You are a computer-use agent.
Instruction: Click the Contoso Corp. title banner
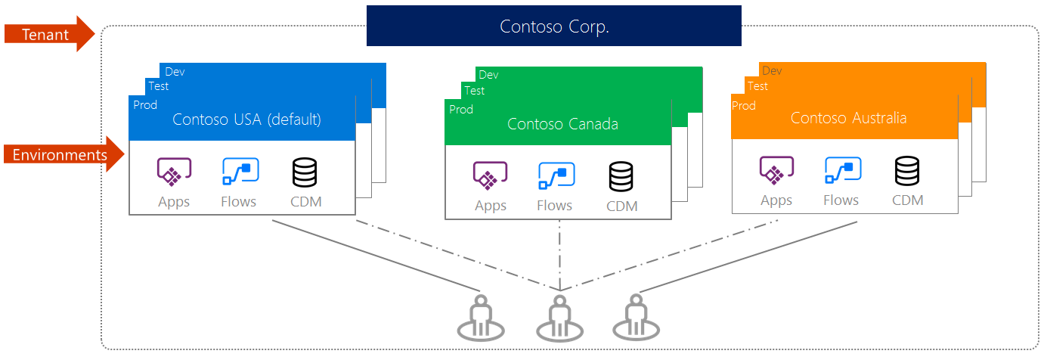point(554,26)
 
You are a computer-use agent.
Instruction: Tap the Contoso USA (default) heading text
point(246,119)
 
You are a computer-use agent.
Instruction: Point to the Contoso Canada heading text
point(562,124)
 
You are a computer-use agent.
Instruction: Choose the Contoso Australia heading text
point(848,118)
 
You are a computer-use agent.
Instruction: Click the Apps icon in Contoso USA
point(174,172)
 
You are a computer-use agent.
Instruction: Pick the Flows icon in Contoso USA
point(240,172)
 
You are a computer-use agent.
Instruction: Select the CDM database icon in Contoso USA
point(305,172)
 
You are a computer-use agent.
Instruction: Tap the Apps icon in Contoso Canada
point(490,176)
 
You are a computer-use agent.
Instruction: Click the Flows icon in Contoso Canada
point(556,176)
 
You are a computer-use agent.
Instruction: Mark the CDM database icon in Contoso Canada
point(621,176)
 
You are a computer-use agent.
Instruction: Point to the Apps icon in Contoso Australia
point(776,171)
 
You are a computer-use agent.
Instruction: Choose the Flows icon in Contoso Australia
point(842,171)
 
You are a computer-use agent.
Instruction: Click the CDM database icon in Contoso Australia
point(907,171)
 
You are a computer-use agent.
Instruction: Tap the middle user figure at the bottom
point(559,318)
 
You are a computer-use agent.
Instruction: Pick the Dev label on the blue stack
point(175,72)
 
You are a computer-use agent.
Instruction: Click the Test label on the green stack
point(475,91)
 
